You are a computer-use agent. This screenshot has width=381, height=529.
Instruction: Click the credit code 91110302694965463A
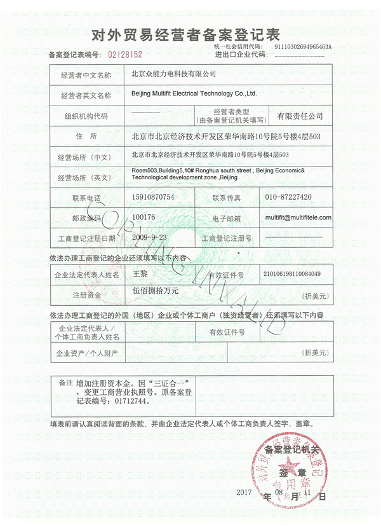(304, 46)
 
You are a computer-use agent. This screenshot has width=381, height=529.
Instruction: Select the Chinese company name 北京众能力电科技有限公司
(173, 74)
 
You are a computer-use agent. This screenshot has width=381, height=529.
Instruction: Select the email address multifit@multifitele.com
(298, 217)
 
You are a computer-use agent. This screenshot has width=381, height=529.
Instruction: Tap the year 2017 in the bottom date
(244, 493)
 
